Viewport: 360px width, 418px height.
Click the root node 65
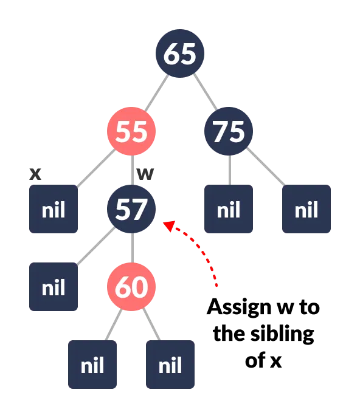coord(180,53)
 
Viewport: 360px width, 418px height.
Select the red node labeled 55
coord(131,131)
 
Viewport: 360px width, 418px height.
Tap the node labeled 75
coord(229,131)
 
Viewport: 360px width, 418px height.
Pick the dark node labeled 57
coord(131,209)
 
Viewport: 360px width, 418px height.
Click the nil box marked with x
coord(54,209)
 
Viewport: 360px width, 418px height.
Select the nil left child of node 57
coord(54,287)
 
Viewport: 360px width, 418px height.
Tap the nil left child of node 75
coord(229,209)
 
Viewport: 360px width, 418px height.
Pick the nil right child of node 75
coord(306,209)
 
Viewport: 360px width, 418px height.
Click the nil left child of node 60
coord(92,365)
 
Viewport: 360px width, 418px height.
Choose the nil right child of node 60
coord(170,365)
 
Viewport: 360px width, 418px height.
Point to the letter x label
coord(35,174)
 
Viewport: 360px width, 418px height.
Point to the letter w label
coord(145,174)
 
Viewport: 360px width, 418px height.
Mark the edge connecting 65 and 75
coord(204,92)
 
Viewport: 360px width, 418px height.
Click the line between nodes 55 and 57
coord(131,170)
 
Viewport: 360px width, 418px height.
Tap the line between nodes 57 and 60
coord(131,248)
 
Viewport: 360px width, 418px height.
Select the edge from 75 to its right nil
coord(267,170)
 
